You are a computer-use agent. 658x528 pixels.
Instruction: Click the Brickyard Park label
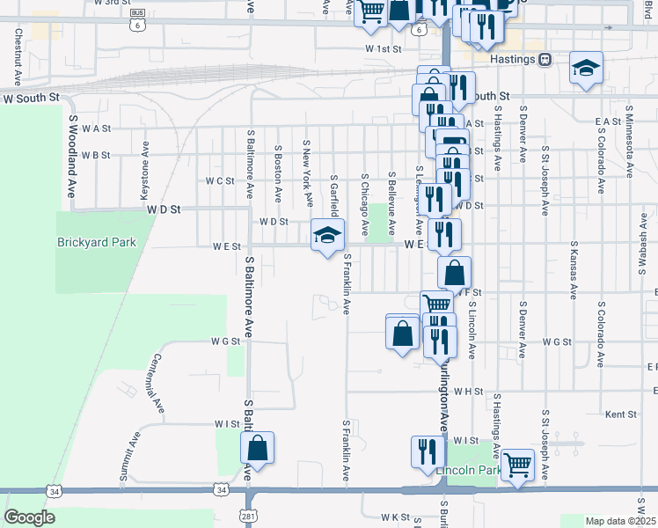click(x=97, y=242)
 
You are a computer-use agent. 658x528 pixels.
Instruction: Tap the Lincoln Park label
click(x=468, y=471)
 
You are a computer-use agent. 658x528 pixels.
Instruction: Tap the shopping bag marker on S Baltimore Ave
click(x=258, y=448)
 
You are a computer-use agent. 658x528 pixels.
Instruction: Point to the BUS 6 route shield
click(x=136, y=20)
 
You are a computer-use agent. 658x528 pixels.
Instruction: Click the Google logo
click(x=29, y=517)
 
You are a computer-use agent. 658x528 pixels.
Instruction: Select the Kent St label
click(x=621, y=414)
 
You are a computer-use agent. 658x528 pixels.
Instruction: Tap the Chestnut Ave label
click(x=18, y=49)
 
